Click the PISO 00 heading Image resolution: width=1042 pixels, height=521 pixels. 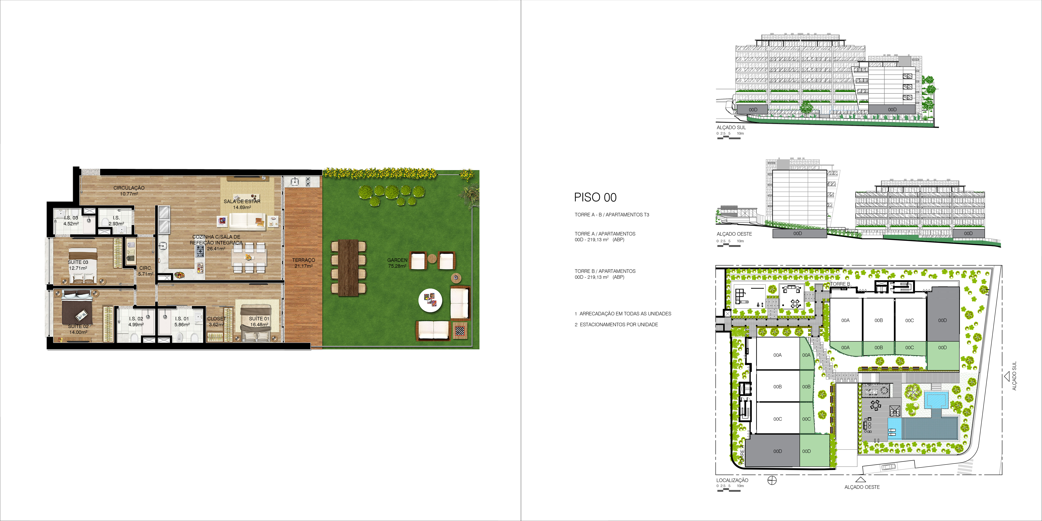[595, 198]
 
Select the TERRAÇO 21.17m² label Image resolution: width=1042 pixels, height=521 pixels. [303, 263]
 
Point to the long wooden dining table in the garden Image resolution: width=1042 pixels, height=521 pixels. [348, 268]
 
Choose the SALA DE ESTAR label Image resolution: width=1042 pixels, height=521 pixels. [242, 201]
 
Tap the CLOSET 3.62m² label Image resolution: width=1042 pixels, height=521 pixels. [216, 321]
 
